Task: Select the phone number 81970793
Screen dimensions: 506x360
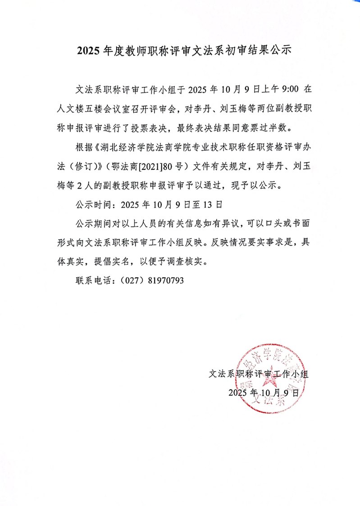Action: click(164, 280)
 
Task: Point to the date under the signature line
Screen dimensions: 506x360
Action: click(264, 392)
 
